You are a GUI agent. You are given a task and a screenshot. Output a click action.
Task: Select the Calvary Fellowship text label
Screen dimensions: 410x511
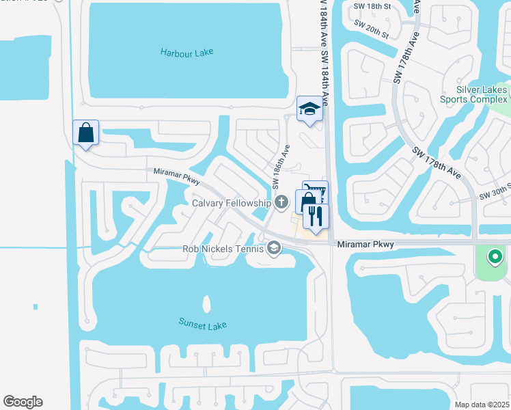(232, 202)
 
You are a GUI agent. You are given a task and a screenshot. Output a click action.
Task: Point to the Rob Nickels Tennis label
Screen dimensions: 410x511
(223, 249)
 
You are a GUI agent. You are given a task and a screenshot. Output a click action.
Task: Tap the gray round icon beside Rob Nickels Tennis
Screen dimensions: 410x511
(274, 248)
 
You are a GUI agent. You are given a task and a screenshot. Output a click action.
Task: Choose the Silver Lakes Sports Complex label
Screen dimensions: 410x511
(482, 94)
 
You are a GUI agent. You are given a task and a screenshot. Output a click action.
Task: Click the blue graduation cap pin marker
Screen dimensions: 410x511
(309, 109)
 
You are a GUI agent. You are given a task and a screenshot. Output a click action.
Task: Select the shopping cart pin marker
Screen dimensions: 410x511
(316, 191)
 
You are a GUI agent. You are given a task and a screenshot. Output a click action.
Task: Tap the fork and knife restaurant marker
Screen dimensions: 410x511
(316, 216)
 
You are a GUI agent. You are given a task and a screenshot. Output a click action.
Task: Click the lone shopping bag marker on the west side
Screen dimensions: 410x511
(86, 132)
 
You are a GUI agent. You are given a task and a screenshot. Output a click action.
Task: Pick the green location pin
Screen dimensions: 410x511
(494, 258)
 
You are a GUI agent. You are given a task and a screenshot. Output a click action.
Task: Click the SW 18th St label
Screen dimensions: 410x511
(372, 6)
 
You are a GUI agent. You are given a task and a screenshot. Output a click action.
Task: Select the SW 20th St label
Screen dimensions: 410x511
(372, 29)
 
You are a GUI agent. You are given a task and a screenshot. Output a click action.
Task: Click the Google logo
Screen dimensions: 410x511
(23, 402)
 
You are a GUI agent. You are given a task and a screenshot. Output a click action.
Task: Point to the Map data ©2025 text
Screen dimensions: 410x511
(482, 405)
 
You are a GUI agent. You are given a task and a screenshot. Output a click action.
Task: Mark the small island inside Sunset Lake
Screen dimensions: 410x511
(206, 303)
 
